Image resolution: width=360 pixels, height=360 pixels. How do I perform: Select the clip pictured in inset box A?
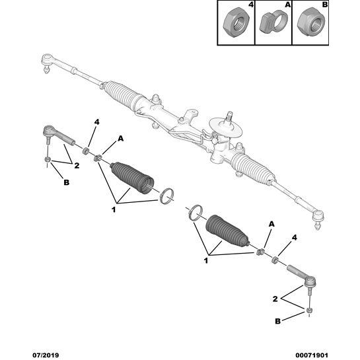coord(273,22)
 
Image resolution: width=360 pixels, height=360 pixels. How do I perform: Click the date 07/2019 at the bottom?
coord(46,355)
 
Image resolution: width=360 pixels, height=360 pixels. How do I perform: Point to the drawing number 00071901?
coord(312,355)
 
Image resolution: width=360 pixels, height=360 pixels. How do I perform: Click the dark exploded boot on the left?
coord(132,178)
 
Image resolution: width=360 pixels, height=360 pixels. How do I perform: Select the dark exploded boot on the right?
coord(227,232)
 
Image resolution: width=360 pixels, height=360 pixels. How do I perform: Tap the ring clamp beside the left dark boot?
coord(166,196)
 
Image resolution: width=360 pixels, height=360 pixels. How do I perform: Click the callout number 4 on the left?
coord(97,122)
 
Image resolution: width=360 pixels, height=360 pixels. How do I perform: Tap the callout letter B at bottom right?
coord(278,321)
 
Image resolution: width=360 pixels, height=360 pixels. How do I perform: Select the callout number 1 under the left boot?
coord(114,209)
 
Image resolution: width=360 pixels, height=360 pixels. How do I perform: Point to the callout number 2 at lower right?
coord(275,299)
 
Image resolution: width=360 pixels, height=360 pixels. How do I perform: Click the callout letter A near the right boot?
coord(272,224)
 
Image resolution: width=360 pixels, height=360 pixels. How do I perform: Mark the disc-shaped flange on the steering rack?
coord(227,127)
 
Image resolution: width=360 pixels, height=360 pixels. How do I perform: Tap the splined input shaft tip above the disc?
coord(230,116)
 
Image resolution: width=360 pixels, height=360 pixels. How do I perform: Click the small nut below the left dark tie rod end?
coord(48,159)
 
